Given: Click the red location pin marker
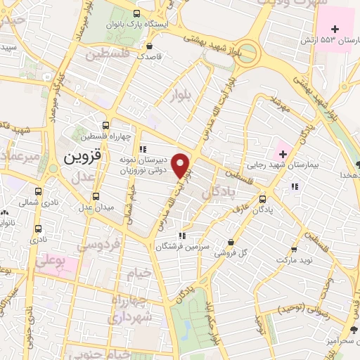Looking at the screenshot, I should [181, 165].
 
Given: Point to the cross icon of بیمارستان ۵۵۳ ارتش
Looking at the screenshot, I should [335, 29].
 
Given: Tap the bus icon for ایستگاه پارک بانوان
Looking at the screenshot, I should [136, 13].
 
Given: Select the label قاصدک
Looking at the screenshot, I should [149, 54].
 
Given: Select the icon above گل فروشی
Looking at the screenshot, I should [231, 243].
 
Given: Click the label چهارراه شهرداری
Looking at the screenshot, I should [127, 309].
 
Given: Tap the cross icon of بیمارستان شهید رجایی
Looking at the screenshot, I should [282, 153].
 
